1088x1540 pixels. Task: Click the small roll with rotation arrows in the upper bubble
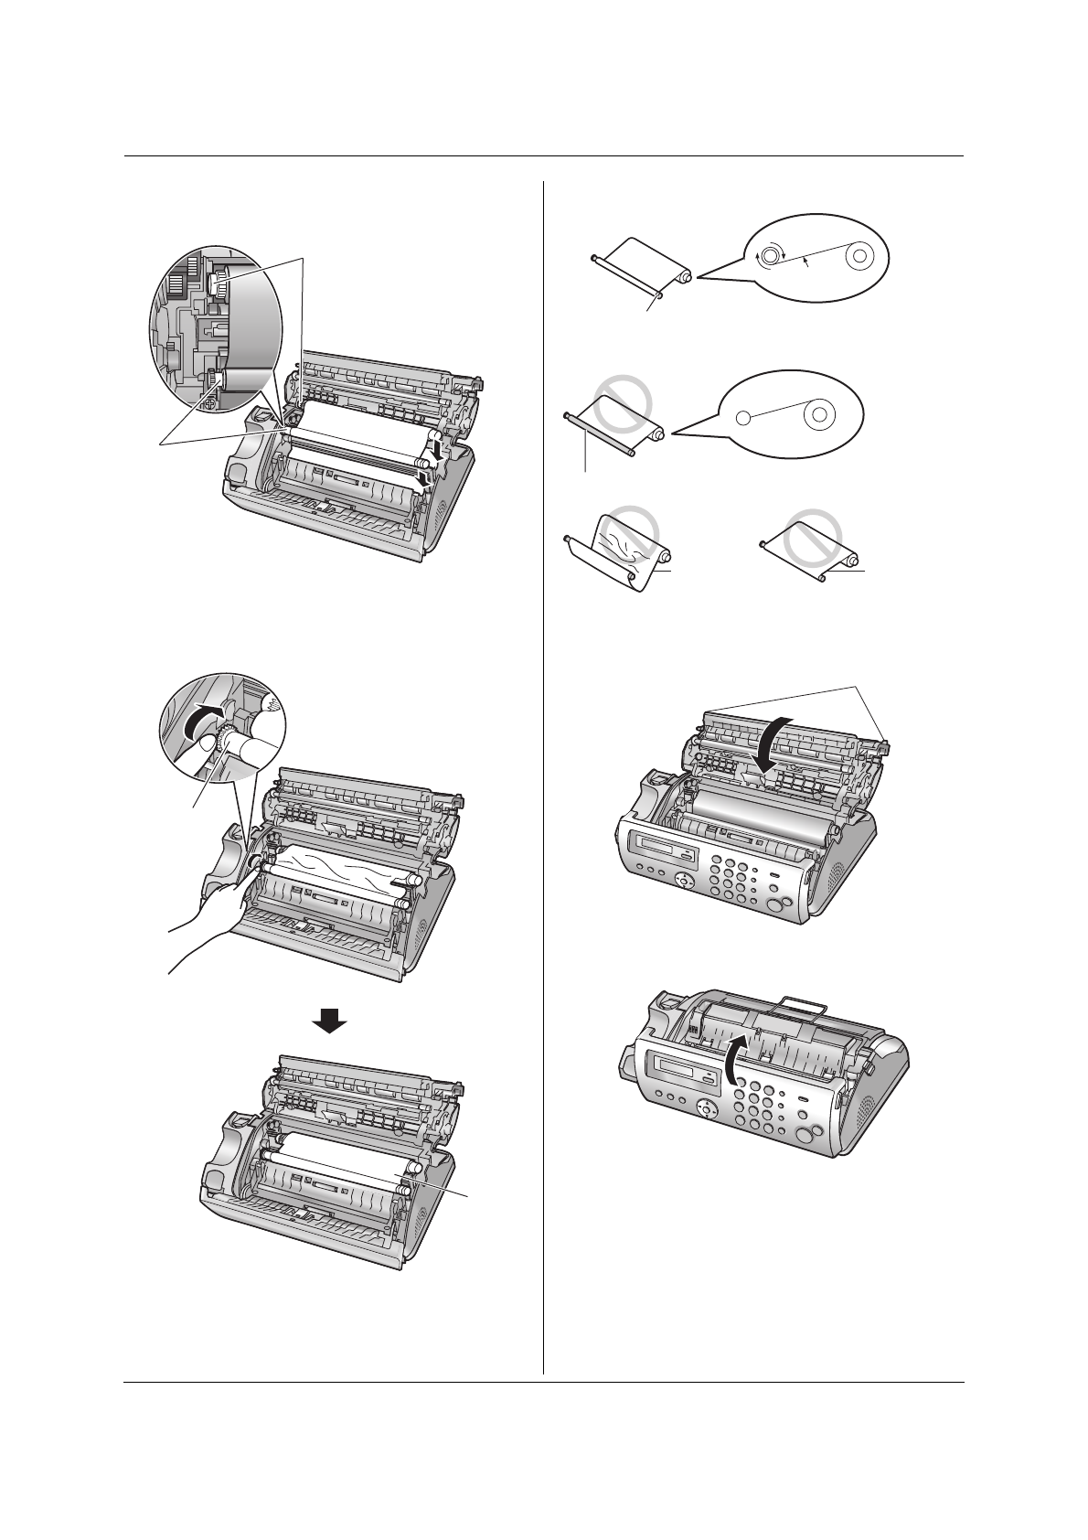pos(771,257)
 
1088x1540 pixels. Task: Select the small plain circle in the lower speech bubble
pos(743,418)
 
